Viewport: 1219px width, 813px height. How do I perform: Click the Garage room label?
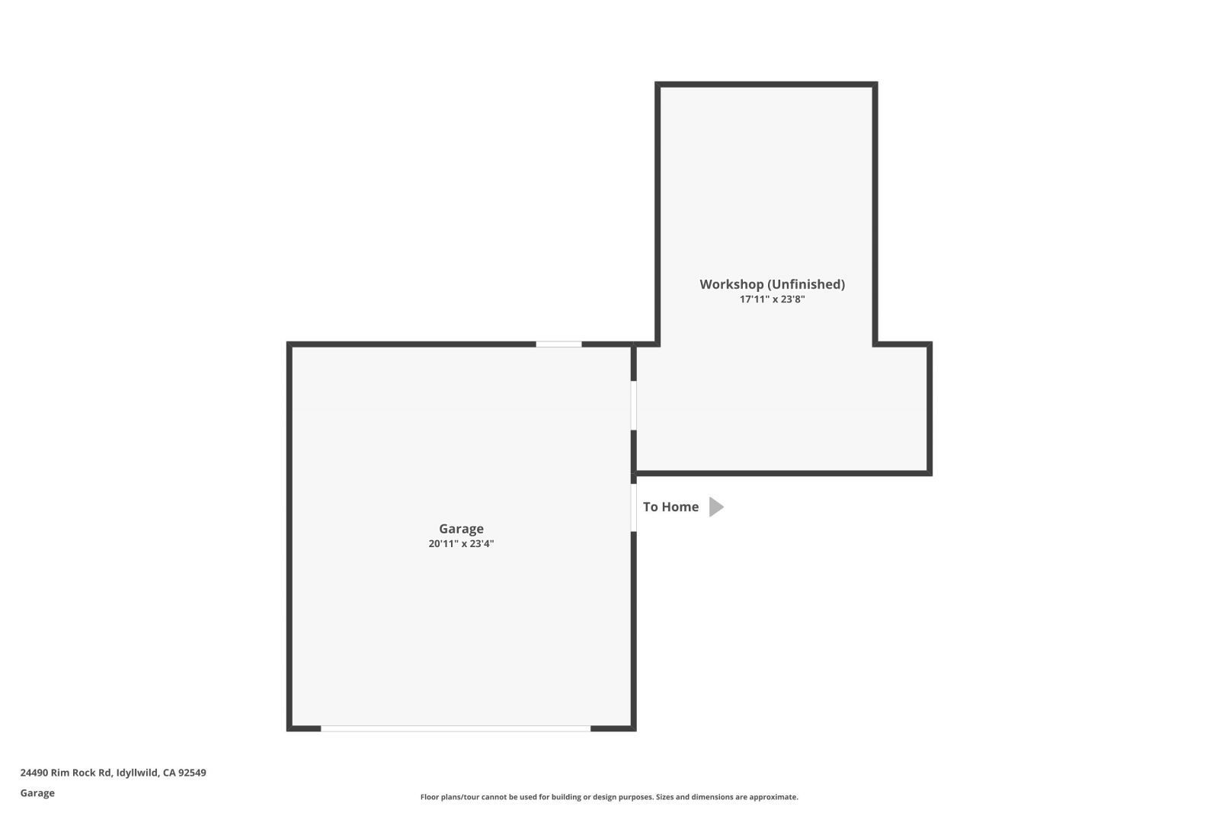461,529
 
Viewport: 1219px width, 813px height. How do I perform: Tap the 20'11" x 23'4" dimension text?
461,544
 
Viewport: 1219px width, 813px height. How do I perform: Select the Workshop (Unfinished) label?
772,284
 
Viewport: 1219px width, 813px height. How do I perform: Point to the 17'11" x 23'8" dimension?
772,299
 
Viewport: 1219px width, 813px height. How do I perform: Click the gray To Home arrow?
715,507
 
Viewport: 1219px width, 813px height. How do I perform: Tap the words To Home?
670,507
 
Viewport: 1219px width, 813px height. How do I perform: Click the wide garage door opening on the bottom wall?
455,728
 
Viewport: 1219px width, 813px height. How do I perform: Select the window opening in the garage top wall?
558,344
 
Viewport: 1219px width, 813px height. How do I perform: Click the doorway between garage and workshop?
633,405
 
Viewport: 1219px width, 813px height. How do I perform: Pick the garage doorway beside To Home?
633,507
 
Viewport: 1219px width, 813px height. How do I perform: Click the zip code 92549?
192,773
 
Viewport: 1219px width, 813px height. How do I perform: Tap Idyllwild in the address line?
138,773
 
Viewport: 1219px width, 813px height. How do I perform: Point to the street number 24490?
34,773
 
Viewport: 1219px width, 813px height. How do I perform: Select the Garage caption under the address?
37,793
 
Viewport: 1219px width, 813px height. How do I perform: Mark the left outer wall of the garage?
290,533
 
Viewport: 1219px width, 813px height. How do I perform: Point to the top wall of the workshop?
766,85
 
